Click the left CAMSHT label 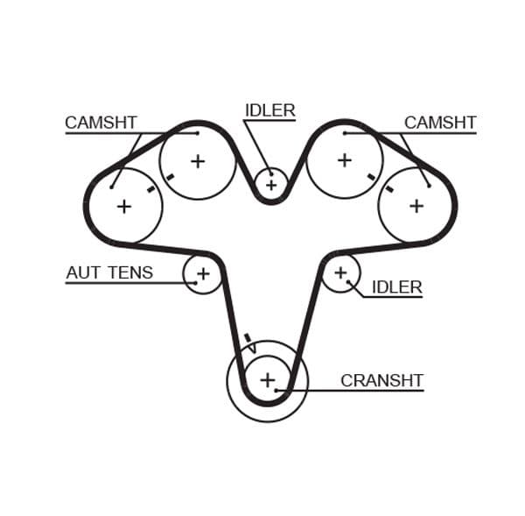(101, 123)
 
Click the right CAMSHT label (439, 123)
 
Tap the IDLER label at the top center (269, 110)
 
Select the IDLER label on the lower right (396, 287)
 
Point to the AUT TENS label (109, 272)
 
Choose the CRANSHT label (381, 381)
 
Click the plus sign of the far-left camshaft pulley (124, 206)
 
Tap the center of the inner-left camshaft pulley (198, 161)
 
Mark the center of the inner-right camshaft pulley (344, 160)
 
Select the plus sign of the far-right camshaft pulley (416, 206)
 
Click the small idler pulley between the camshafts (270, 185)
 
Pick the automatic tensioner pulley (203, 274)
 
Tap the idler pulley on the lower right (340, 273)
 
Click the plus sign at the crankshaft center (267, 380)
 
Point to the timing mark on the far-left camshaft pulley (151, 188)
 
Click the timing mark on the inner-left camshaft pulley (170, 177)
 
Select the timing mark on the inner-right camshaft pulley (371, 177)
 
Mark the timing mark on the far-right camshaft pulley (389, 188)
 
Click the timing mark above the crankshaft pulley (247, 337)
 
